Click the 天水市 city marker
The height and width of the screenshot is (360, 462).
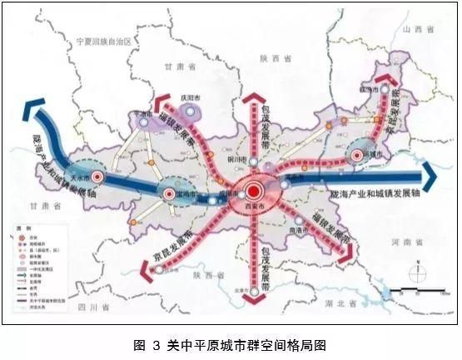[98, 177]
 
